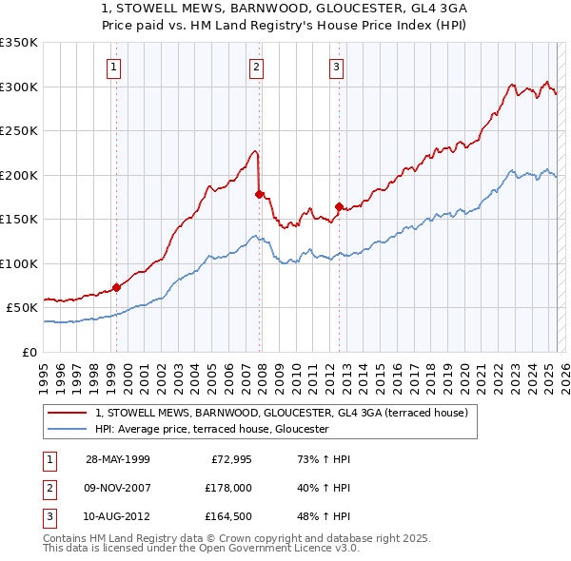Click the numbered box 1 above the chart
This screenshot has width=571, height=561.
pos(113,67)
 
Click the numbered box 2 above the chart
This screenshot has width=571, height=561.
pos(257,67)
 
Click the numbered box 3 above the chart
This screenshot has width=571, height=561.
pos(337,67)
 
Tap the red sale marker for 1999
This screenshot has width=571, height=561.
pos(116,287)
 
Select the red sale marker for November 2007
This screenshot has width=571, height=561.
pos(259,194)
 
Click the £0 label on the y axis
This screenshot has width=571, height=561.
pos(30,352)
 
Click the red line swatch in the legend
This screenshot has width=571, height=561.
pos(68,414)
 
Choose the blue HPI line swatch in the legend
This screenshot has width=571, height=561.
pos(68,430)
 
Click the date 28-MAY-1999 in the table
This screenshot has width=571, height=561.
pos(118,459)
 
